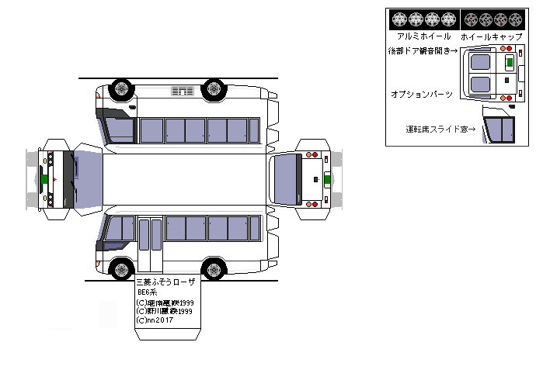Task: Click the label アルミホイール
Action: [x=423, y=36]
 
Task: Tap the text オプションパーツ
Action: [x=422, y=93]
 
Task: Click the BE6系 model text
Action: [x=148, y=293]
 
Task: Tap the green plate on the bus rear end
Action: [x=326, y=179]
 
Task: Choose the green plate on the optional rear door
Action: [x=509, y=63]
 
